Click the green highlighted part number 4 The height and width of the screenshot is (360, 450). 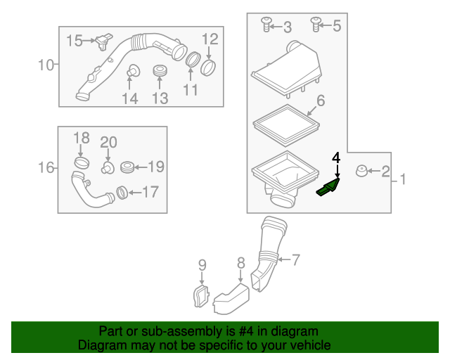coord(328,187)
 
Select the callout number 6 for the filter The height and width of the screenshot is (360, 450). coord(320,101)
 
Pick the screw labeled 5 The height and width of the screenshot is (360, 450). coord(316,25)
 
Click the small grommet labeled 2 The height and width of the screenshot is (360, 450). coord(361,170)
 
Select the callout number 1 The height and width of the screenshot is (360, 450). coord(403,180)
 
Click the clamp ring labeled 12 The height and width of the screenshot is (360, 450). coord(209,68)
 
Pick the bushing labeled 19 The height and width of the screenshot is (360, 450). coord(127,167)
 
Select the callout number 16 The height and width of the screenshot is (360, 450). coord(46,167)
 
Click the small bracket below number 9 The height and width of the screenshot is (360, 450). coord(201,295)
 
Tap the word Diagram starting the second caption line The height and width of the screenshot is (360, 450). coord(100,345)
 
